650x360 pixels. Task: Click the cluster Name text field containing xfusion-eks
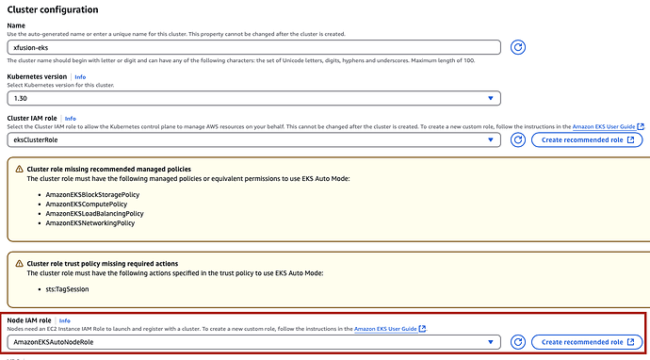coord(253,47)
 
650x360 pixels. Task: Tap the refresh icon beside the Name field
coord(518,47)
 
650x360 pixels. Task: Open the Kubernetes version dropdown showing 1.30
coord(253,98)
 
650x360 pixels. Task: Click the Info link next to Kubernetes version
coord(80,76)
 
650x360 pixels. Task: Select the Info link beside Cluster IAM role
coord(71,118)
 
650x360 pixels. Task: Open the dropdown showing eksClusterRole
coord(253,139)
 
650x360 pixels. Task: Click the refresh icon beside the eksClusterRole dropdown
coord(518,139)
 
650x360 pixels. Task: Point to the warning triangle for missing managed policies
coord(19,169)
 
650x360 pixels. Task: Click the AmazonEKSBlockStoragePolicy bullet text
coord(92,194)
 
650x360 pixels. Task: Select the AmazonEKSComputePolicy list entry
coord(87,205)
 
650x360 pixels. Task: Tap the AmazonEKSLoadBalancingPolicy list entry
coord(94,214)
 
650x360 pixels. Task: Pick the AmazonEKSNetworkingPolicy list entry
coord(89,223)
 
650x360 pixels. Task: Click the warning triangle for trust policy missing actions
coord(19,263)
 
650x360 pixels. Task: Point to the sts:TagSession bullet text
coord(67,289)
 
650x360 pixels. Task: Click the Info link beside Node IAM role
coord(65,320)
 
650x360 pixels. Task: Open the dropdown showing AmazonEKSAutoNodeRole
coord(253,342)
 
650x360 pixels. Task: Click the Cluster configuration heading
coord(53,9)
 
